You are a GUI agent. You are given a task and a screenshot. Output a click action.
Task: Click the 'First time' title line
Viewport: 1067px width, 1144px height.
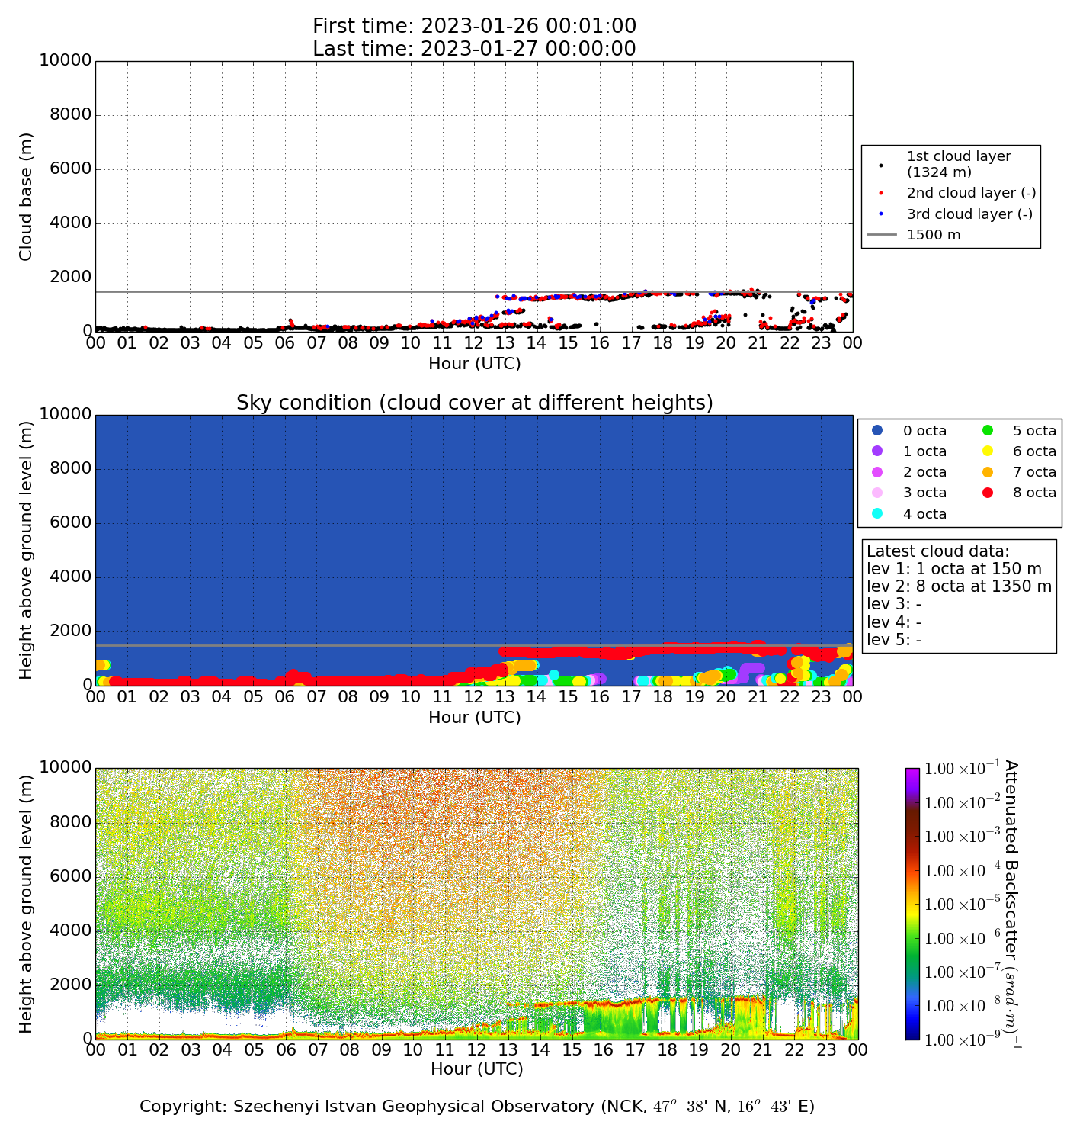(x=474, y=27)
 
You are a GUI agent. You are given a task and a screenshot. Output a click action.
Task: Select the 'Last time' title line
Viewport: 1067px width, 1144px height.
(x=474, y=49)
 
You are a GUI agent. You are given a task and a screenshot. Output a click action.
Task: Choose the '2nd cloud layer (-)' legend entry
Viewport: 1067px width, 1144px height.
(x=971, y=194)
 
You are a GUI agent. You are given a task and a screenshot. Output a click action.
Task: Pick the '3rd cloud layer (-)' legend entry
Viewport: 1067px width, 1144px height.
(x=969, y=214)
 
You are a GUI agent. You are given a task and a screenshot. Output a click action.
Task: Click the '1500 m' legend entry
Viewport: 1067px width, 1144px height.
(x=934, y=235)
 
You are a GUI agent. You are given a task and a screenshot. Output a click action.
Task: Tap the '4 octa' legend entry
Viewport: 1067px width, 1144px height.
(x=924, y=514)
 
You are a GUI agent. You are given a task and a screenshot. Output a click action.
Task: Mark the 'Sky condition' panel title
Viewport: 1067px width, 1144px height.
(x=474, y=403)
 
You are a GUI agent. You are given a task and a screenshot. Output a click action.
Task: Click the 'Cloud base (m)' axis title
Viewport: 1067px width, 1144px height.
(x=26, y=196)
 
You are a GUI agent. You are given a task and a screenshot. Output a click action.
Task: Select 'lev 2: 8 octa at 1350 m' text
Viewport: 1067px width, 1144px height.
(x=959, y=586)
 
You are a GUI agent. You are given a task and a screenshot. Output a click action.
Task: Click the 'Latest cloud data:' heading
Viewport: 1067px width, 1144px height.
(x=937, y=551)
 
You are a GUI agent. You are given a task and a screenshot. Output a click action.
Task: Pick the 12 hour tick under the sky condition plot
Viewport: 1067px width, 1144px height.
(x=474, y=696)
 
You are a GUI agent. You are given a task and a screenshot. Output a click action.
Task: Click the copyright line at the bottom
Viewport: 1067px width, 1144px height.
(x=476, y=1107)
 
